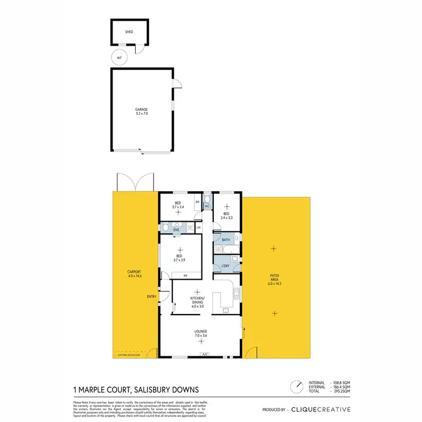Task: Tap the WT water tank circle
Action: (119, 57)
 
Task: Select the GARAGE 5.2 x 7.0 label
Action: (141, 111)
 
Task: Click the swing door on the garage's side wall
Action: (177, 84)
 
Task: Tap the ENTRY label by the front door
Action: (151, 297)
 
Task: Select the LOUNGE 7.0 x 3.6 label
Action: (201, 334)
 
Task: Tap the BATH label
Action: (226, 240)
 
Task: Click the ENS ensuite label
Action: (176, 230)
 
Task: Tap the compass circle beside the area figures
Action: (295, 388)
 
